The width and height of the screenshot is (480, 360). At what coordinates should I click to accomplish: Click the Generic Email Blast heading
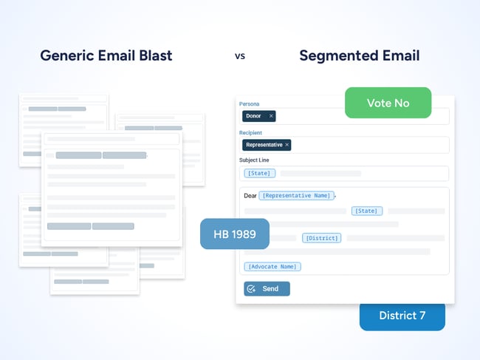(106, 56)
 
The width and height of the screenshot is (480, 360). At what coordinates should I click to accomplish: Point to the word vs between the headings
(239, 56)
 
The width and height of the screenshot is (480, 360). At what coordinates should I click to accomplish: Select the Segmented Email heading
(359, 56)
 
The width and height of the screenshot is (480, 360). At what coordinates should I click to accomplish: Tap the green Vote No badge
(388, 103)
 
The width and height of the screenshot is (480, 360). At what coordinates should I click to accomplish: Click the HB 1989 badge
(234, 234)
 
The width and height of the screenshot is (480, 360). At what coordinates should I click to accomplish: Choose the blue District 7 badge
(402, 316)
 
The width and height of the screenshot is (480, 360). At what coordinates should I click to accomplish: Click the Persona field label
(249, 104)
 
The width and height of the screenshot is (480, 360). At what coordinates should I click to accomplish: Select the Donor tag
(253, 116)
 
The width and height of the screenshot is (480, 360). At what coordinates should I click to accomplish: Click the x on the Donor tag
(271, 116)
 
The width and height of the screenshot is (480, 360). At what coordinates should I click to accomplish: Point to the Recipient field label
(251, 132)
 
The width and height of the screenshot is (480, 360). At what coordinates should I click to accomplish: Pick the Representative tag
(264, 145)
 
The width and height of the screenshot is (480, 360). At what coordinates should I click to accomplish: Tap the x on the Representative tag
(287, 145)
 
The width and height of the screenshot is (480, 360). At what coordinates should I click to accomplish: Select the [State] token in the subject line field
(259, 174)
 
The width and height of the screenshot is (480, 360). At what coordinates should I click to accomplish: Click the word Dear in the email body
(250, 196)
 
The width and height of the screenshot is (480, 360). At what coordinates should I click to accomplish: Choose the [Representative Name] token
(296, 196)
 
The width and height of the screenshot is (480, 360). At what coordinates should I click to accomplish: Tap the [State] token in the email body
(366, 211)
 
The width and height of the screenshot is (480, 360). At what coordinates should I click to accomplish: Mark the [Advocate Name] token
(272, 266)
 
